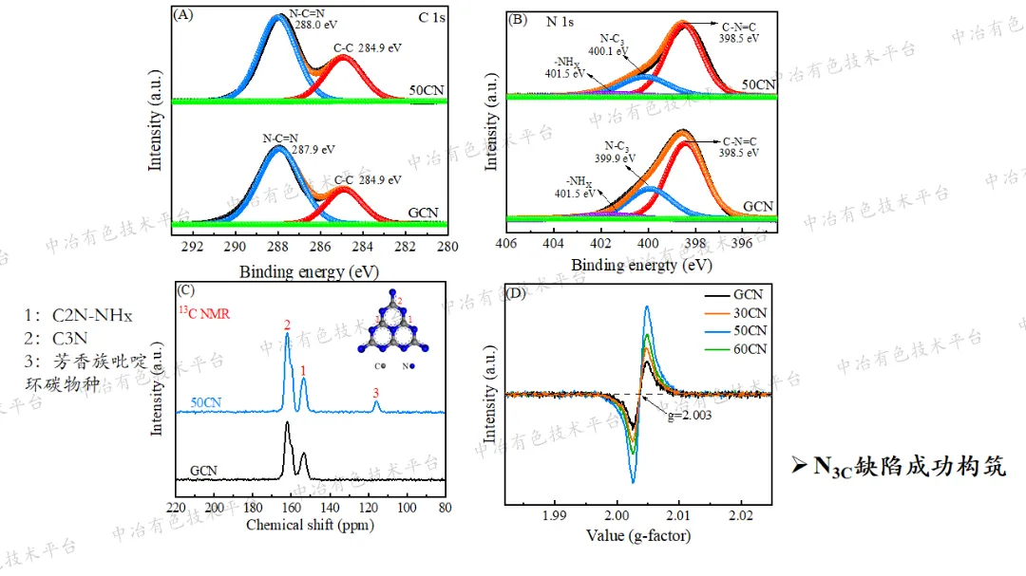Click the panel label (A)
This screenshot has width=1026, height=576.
point(184,15)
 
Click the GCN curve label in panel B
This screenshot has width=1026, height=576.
point(758,206)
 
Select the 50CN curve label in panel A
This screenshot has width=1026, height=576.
point(427,90)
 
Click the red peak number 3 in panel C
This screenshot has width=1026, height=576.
point(376,392)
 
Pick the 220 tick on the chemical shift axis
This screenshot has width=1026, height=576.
point(175,507)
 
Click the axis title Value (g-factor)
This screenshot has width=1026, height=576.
point(638,536)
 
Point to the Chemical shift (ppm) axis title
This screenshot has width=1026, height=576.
point(310,524)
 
